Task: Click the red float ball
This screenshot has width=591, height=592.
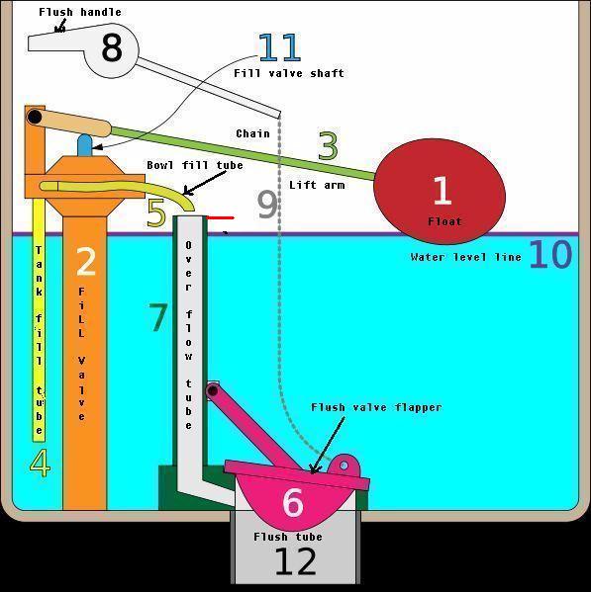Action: tap(440, 192)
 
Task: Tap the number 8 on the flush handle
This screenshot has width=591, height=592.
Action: tap(112, 47)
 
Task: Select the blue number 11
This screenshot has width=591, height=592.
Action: tap(280, 47)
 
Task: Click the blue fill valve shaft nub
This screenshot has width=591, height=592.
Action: tap(85, 144)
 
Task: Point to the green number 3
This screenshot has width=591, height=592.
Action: tap(328, 145)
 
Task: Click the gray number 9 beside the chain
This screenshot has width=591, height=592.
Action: tap(267, 205)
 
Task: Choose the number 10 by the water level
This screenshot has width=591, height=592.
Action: tap(550, 254)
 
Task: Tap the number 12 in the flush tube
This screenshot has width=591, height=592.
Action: tap(295, 561)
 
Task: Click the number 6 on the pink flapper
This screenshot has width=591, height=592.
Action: tap(293, 502)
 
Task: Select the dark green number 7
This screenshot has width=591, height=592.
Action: tap(158, 317)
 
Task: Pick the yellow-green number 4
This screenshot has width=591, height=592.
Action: tap(40, 463)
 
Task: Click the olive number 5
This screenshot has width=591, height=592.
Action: tap(156, 212)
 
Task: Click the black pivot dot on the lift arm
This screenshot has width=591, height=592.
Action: tap(35, 117)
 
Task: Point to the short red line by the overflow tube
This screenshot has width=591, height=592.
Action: tap(221, 217)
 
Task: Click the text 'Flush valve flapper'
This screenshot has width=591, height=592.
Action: tap(376, 407)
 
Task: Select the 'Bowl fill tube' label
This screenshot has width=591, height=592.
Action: tap(195, 165)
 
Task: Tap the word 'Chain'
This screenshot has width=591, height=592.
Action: tap(253, 133)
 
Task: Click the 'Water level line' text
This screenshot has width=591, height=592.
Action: tap(466, 257)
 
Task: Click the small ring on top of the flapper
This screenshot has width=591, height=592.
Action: tap(344, 465)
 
